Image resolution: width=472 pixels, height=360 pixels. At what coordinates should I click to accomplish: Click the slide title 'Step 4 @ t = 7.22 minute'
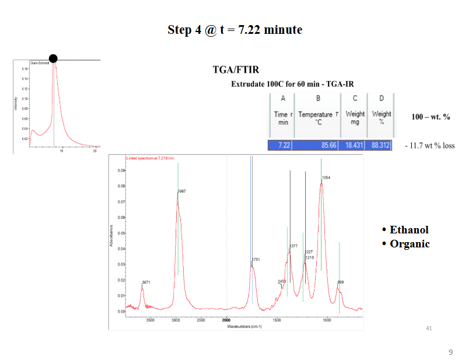pyautogui.click(x=235, y=30)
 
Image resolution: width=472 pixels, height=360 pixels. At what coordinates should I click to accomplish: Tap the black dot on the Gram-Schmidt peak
pyautogui.click(x=53, y=58)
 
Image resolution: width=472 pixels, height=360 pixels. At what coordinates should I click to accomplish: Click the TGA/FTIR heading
pyautogui.click(x=232, y=70)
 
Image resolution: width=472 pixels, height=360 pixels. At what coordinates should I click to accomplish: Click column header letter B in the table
pyautogui.click(x=318, y=98)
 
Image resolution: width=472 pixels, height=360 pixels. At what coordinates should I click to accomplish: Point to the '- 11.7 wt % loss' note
pyautogui.click(x=429, y=146)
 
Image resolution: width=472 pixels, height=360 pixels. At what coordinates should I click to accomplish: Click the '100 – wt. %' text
pyautogui.click(x=431, y=117)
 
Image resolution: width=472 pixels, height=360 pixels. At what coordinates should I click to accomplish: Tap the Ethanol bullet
pyautogui.click(x=408, y=229)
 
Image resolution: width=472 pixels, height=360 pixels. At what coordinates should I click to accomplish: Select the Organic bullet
pyautogui.click(x=409, y=244)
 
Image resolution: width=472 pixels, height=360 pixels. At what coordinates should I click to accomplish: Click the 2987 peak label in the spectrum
pyautogui.click(x=182, y=191)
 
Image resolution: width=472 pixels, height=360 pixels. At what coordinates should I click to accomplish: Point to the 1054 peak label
pyautogui.click(x=326, y=177)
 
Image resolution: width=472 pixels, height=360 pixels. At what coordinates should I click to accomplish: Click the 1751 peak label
pyautogui.click(x=256, y=259)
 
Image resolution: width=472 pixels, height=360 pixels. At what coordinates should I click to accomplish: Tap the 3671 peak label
pyautogui.click(x=146, y=282)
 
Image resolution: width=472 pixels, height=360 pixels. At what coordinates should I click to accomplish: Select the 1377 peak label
pyautogui.click(x=293, y=246)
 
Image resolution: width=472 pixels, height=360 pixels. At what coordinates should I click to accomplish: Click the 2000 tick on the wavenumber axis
pyautogui.click(x=226, y=320)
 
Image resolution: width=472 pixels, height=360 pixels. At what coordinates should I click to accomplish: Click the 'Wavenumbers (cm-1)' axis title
pyautogui.click(x=244, y=326)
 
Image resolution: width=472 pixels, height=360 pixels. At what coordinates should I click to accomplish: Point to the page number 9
pyautogui.click(x=450, y=352)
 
